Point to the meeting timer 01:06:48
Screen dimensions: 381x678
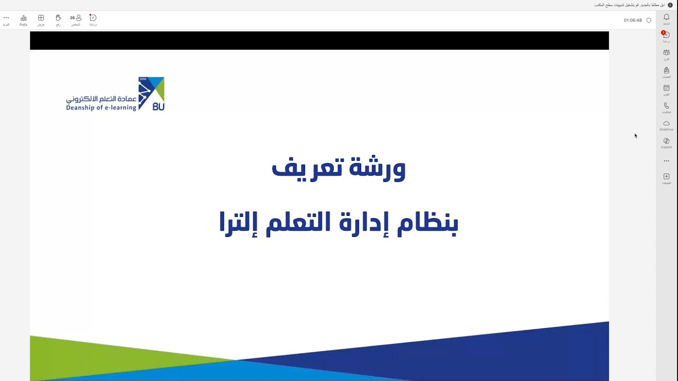click(632, 21)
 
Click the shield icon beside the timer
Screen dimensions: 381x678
click(649, 21)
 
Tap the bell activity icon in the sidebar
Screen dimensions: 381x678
click(666, 17)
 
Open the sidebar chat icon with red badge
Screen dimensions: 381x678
click(666, 35)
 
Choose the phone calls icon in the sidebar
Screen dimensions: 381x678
click(666, 106)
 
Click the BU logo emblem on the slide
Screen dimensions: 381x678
click(151, 94)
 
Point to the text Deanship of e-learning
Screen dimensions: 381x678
click(101, 108)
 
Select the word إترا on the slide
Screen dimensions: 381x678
click(238, 223)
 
